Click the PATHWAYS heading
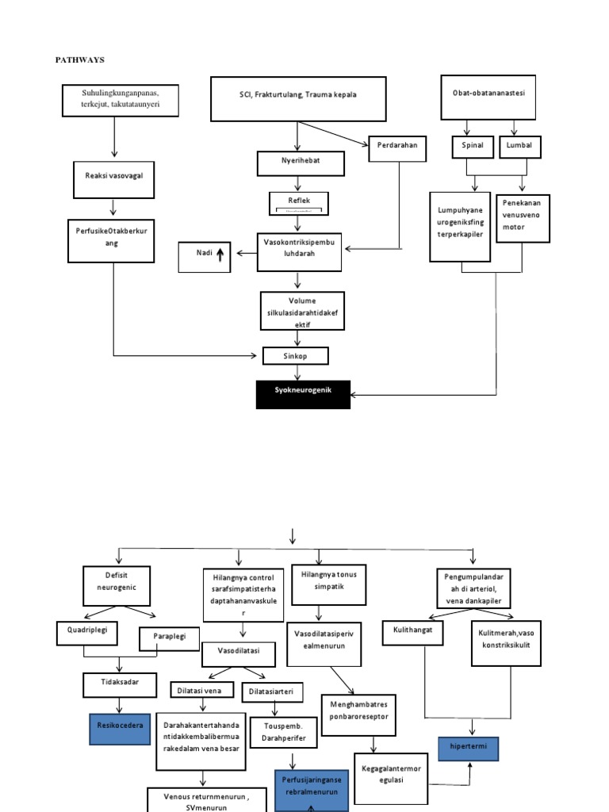click(x=79, y=59)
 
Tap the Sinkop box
click(x=295, y=356)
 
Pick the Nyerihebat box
click(x=301, y=164)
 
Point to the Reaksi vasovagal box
click(x=113, y=175)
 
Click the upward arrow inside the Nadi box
click(x=220, y=254)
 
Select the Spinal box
click(x=473, y=147)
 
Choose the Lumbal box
click(x=519, y=147)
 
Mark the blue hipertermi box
click(x=469, y=748)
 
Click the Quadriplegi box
click(x=87, y=633)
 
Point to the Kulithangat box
click(x=413, y=633)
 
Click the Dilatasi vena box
click(x=201, y=690)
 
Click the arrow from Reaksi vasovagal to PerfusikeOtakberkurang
click(x=113, y=208)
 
